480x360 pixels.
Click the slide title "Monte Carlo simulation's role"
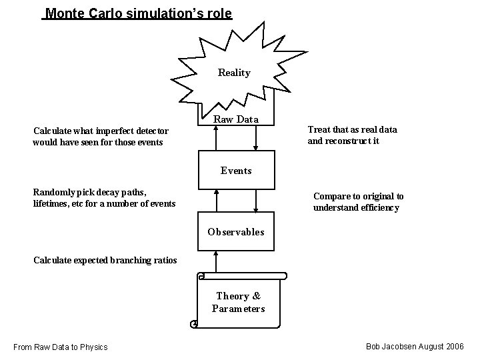click(137, 13)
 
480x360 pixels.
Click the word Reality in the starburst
click(234, 73)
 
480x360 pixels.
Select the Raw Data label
click(236, 119)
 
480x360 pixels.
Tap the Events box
click(236, 170)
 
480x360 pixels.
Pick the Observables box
click(236, 232)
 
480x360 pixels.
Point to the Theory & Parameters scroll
click(238, 302)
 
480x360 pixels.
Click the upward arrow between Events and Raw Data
click(215, 138)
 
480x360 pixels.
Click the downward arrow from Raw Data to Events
click(257, 138)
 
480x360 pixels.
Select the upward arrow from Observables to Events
click(215, 201)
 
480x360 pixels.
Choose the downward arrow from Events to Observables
click(257, 201)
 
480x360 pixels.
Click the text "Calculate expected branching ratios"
click(105, 260)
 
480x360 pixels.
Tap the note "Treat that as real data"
click(352, 129)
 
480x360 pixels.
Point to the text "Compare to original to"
click(358, 196)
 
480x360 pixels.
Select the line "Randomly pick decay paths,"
click(90, 192)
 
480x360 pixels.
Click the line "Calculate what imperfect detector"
click(101, 131)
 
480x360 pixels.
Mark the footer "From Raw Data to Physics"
click(61, 347)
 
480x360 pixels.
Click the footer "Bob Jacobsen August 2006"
click(415, 347)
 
